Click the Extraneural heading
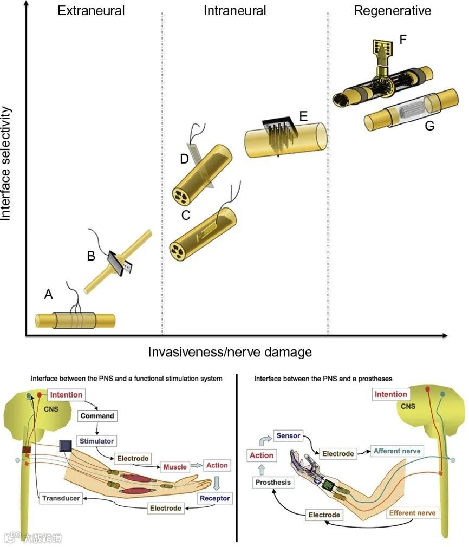point(91,10)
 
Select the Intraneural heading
point(234,10)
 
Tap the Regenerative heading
point(393,10)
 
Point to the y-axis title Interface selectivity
point(6,162)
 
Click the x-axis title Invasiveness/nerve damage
point(230,352)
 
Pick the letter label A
point(49,295)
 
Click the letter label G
point(429,126)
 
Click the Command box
point(97,416)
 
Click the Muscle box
point(174,466)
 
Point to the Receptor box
point(214,498)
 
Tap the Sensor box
point(288,435)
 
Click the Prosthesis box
point(273,482)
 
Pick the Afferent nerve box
point(396,451)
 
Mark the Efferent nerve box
point(413,512)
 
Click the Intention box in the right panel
point(391,394)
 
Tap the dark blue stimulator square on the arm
point(66,446)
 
